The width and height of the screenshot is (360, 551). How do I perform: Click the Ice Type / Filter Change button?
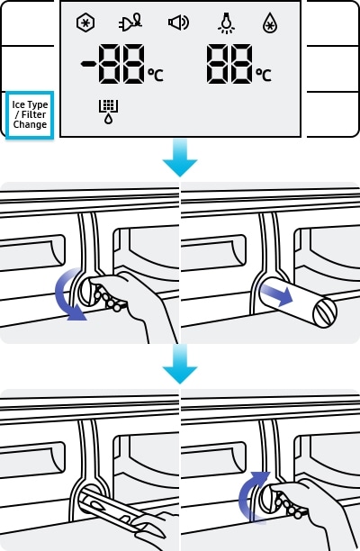click(x=30, y=115)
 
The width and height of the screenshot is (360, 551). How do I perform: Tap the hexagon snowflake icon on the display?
click(x=85, y=23)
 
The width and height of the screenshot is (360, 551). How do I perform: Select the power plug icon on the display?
click(x=130, y=23)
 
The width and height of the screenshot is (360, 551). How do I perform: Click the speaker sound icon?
click(x=178, y=23)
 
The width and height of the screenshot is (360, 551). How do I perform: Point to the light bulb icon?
click(x=227, y=23)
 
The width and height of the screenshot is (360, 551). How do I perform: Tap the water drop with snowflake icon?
click(x=270, y=23)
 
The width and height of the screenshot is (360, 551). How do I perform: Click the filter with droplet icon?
click(x=108, y=112)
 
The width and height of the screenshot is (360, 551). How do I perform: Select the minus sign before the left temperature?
click(x=88, y=64)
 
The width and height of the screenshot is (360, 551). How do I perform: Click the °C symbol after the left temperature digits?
click(x=156, y=75)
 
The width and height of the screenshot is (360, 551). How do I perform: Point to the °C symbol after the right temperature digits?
click(x=264, y=75)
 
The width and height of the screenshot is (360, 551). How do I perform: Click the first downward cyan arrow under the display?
click(x=180, y=158)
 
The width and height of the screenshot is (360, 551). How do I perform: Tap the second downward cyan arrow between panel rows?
click(x=180, y=365)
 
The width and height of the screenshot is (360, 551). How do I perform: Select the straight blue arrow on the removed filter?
click(x=277, y=294)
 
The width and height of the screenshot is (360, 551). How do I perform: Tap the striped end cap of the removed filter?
click(x=325, y=312)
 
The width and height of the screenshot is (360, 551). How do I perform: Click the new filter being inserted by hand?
click(x=120, y=511)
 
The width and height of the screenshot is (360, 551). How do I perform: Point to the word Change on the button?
click(x=30, y=125)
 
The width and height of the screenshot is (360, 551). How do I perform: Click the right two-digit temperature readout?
click(x=229, y=64)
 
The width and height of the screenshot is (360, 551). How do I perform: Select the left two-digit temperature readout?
click(x=121, y=64)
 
